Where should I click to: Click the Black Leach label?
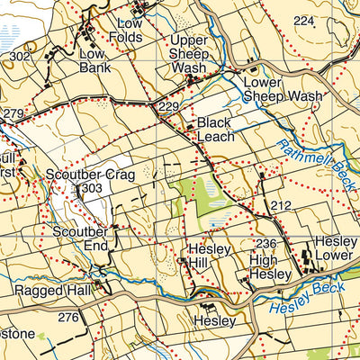[x=215, y=130]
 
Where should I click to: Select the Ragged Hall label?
[x=48, y=292]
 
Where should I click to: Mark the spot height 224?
[x=304, y=21]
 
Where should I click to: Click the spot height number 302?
[x=20, y=57]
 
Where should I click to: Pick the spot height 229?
[x=168, y=108]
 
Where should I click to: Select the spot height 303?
[x=91, y=188]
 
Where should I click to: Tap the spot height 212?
[x=281, y=207]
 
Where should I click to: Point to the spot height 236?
[x=265, y=244]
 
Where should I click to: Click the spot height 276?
[x=68, y=317]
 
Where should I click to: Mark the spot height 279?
[x=13, y=113]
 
